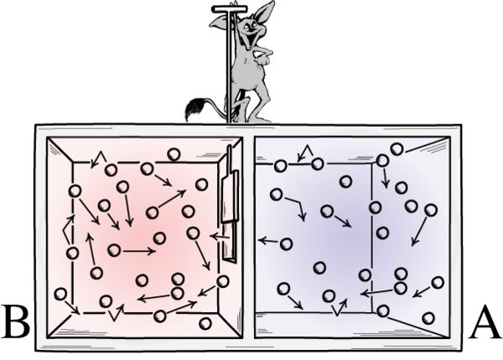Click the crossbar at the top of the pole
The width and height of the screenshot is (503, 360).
tap(226, 9)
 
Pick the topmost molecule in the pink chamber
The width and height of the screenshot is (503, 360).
tap(174, 154)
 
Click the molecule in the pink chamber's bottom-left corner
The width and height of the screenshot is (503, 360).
tap(61, 294)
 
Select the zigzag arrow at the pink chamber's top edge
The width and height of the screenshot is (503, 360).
tap(100, 158)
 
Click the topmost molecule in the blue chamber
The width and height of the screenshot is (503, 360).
tap(396, 149)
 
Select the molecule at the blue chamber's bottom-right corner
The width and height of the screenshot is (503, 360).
tap(430, 317)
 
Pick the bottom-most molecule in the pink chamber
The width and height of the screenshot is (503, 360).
tap(205, 323)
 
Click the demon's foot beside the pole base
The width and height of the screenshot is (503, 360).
tap(236, 119)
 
